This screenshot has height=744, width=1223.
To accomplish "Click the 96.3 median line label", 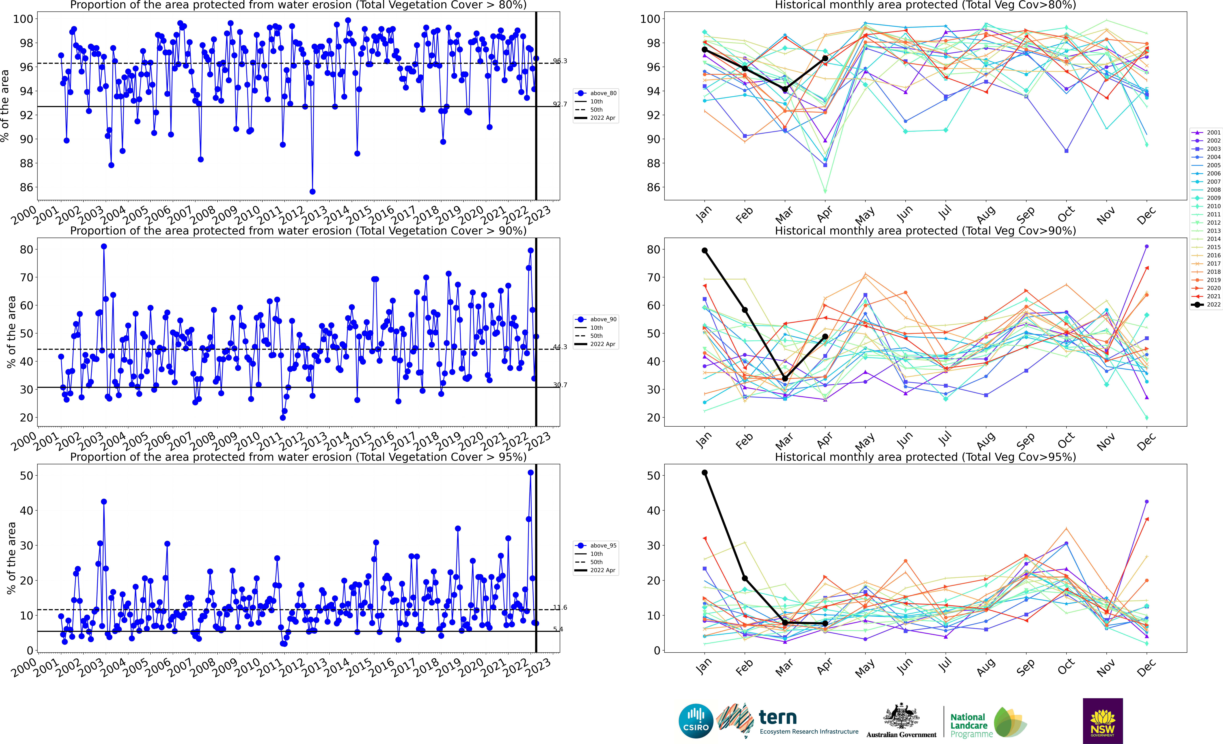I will [560, 61].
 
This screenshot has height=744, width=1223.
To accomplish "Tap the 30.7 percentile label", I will [560, 385].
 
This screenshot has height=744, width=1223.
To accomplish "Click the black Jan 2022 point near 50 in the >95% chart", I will [704, 473].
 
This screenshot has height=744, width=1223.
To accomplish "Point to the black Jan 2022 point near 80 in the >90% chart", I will [704, 251].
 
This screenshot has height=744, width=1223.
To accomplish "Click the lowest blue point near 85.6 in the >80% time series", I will [312, 191].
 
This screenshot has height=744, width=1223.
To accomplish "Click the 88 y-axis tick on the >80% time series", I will [26, 163].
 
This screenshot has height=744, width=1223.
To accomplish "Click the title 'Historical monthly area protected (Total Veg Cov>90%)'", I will [925, 231].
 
